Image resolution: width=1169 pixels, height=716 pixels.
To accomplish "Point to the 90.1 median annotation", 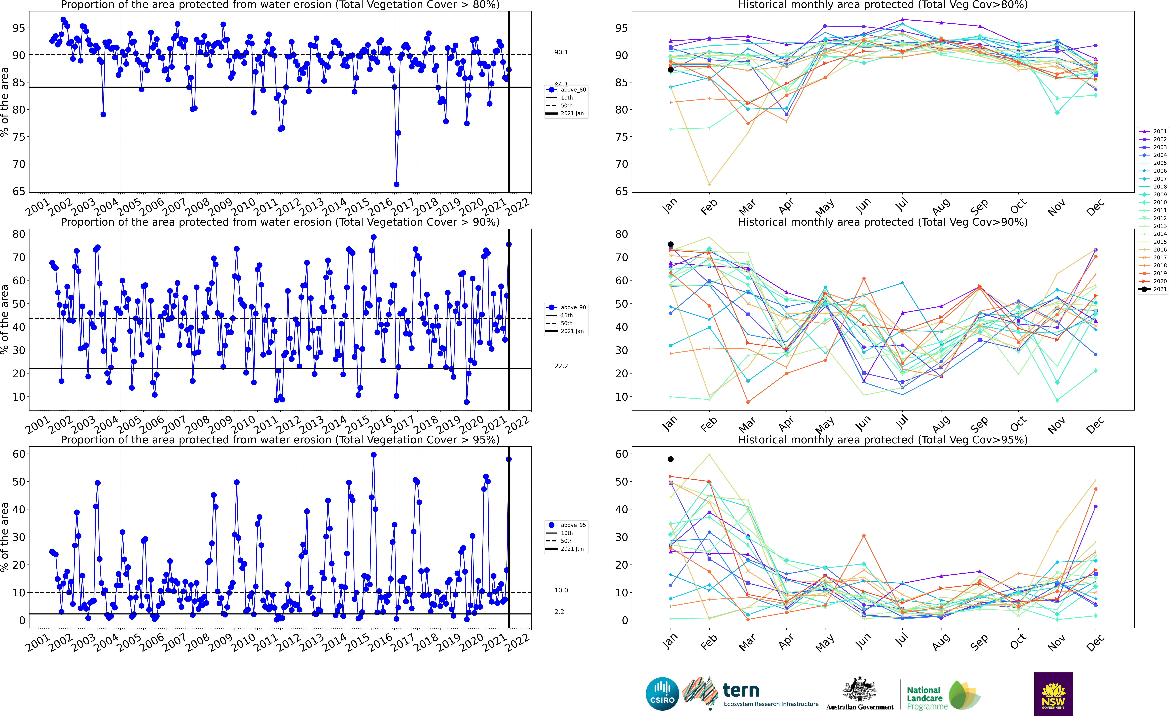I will [x=561, y=52].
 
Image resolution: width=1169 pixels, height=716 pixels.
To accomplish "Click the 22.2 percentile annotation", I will [x=561, y=366].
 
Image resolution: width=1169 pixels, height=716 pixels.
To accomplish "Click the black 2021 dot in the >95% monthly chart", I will [x=670, y=459].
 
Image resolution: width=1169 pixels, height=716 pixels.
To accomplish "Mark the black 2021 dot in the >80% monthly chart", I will [x=670, y=70].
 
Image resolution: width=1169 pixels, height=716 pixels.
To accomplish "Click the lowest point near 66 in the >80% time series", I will [x=396, y=184].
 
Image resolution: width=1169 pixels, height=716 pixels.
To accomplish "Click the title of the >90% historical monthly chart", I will [x=882, y=222].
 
